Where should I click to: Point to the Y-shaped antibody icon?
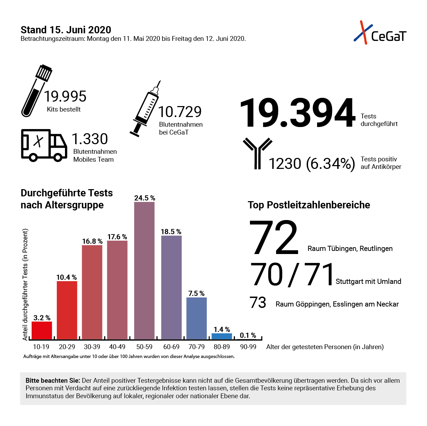click(257, 153)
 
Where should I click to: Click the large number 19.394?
click(297, 113)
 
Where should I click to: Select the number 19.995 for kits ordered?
click(65, 96)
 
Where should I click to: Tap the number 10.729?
click(180, 112)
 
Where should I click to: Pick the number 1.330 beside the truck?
click(90, 139)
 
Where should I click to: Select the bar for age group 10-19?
click(42, 330)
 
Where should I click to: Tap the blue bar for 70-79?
click(197, 318)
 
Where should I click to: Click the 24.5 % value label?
click(145, 198)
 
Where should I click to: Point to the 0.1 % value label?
click(248, 335)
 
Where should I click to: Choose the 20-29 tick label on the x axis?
click(67, 347)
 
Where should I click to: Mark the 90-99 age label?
click(248, 347)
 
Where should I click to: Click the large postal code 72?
click(274, 238)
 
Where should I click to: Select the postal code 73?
click(258, 303)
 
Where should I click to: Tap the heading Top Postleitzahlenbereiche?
click(309, 205)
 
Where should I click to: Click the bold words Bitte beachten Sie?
click(53, 381)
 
